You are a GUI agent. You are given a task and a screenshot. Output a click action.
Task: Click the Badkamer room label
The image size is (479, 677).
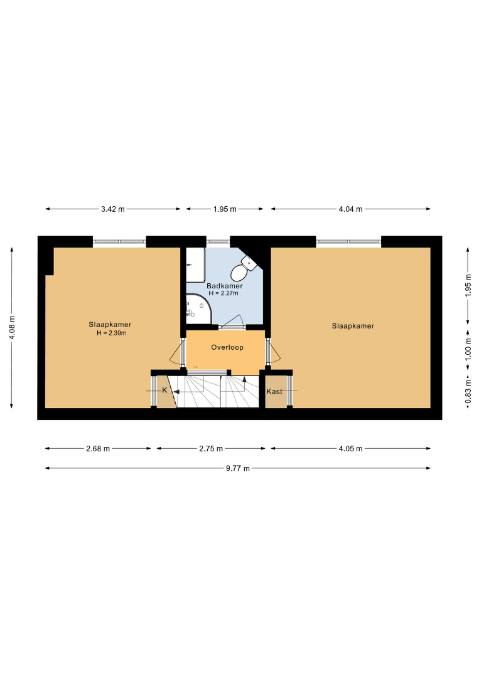(224, 286)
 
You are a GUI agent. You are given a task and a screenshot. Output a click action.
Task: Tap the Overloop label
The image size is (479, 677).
(227, 347)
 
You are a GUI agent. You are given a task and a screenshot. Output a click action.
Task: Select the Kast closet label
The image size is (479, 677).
(274, 391)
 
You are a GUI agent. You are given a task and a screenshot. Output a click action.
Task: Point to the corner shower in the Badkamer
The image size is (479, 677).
(198, 308)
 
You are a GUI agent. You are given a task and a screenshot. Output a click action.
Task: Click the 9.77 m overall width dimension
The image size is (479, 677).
(238, 468)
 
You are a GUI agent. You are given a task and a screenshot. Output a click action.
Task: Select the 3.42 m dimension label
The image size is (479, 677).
(113, 209)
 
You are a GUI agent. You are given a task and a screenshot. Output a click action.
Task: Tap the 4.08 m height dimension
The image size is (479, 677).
(12, 328)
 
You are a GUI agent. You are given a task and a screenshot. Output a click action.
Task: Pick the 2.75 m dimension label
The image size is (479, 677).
(211, 449)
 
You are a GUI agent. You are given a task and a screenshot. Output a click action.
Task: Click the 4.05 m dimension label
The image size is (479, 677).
(350, 449)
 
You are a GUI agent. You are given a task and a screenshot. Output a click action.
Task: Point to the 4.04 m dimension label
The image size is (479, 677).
(350, 209)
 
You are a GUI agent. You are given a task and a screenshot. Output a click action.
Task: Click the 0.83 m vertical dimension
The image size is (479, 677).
(468, 392)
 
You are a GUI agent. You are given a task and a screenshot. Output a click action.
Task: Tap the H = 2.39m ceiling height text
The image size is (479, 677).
(112, 333)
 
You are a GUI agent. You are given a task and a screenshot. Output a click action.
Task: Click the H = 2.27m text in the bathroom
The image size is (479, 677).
(223, 293)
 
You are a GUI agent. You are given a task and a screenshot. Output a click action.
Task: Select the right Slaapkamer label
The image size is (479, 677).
(353, 326)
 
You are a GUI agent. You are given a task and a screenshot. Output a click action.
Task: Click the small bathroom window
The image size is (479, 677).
(218, 242)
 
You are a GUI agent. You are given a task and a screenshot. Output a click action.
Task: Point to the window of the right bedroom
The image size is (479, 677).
(348, 242)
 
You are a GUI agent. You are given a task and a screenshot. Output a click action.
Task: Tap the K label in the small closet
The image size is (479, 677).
(164, 391)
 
